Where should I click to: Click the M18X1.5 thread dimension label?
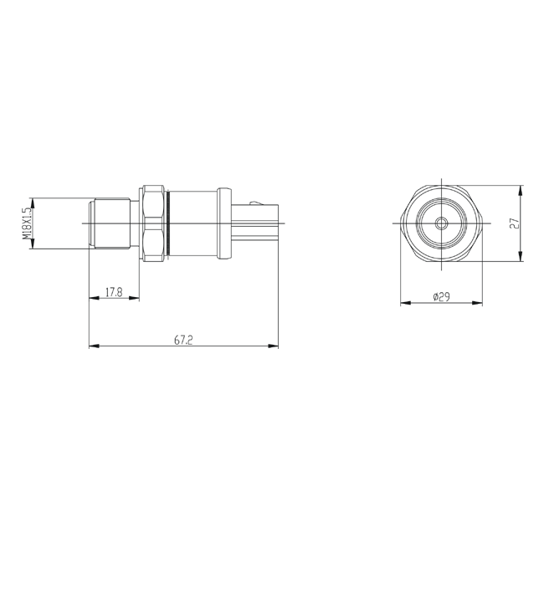(27, 223)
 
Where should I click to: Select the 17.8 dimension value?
(114, 292)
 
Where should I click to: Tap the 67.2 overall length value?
(183, 340)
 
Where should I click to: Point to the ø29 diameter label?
(441, 296)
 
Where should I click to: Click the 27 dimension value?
(515, 223)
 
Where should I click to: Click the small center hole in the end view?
(441, 223)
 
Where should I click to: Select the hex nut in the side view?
(153, 223)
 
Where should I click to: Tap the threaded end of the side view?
(110, 223)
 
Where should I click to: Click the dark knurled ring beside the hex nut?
(168, 223)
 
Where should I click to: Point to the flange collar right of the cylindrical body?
(224, 223)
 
